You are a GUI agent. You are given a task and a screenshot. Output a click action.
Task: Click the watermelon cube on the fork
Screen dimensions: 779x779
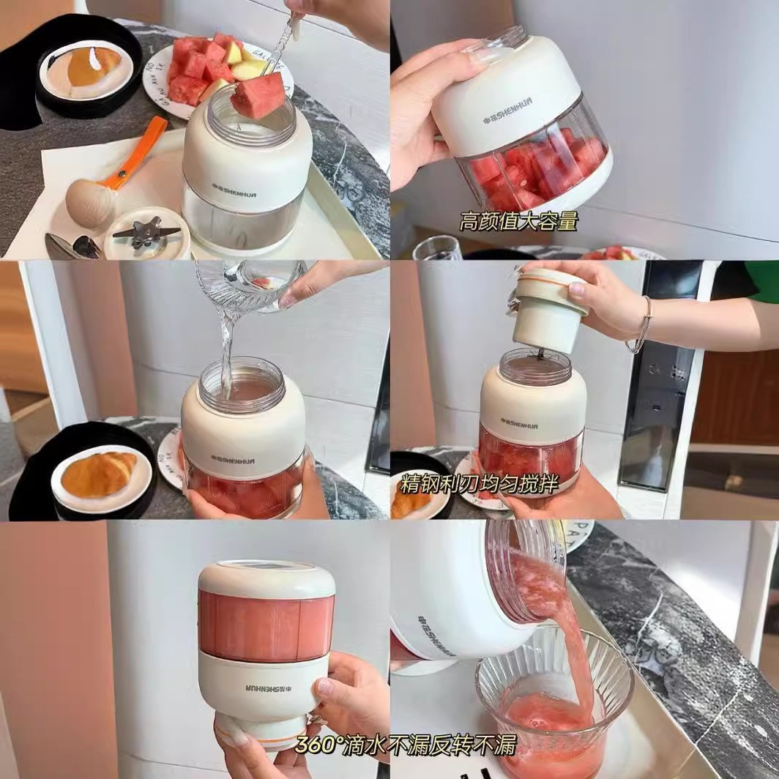(258, 95)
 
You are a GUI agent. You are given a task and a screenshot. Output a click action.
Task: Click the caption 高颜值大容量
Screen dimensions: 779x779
(518, 221)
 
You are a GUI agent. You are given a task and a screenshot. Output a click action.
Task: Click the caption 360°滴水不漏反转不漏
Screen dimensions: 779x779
(406, 745)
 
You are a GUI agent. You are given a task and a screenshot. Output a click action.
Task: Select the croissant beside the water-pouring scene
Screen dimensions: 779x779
(98, 474)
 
